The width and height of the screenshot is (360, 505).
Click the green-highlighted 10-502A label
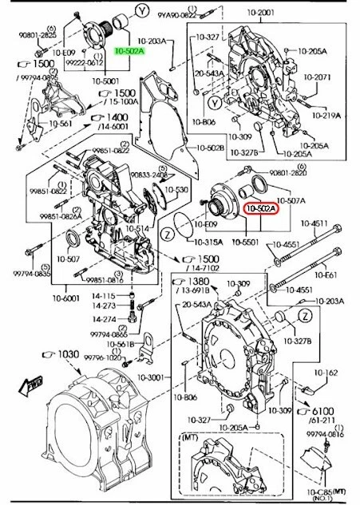[129, 50]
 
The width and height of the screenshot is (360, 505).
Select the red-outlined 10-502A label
[260, 210]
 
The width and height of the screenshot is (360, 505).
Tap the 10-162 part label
[330, 372]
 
